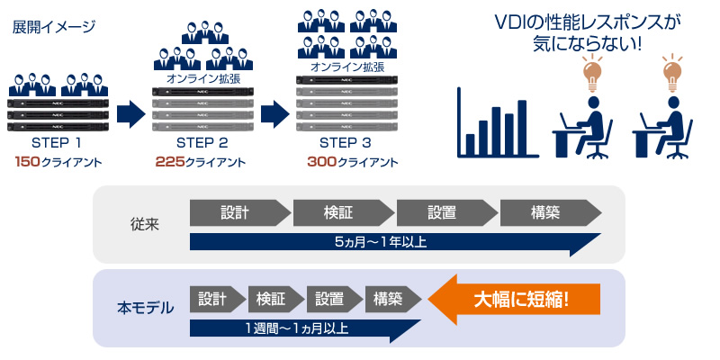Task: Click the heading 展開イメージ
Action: click(53, 26)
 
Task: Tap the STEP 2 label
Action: click(202, 143)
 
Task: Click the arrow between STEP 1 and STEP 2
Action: click(130, 114)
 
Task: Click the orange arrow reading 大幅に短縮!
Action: click(515, 299)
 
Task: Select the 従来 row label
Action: click(144, 224)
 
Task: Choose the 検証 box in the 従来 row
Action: click(342, 212)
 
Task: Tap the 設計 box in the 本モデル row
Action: click(213, 298)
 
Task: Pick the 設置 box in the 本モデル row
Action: click(330, 298)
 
